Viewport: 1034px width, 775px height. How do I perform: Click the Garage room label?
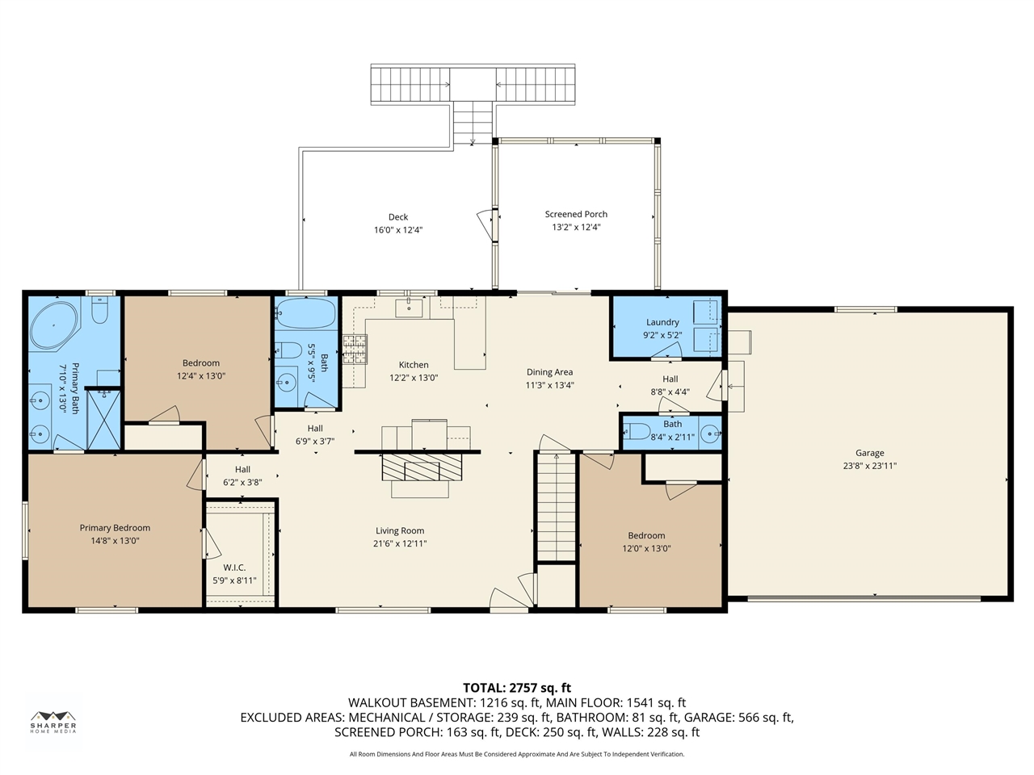[x=869, y=453]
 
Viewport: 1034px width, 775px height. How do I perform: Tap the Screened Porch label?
[x=576, y=214]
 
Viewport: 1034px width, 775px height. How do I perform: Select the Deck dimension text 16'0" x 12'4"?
[x=398, y=230]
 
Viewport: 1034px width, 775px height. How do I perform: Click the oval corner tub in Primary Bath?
[x=53, y=325]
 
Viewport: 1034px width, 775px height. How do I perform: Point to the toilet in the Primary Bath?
[x=99, y=309]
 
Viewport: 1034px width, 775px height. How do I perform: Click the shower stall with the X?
[x=103, y=419]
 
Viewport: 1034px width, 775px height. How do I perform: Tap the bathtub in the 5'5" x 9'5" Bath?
[x=306, y=313]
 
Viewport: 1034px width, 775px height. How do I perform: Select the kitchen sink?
[x=409, y=308]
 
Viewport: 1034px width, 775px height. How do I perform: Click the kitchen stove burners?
[x=355, y=349]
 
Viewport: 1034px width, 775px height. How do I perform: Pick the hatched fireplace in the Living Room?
[x=422, y=467]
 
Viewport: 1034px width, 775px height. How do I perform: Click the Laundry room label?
[x=662, y=322]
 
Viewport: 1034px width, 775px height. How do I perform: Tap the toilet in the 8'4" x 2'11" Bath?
[x=637, y=431]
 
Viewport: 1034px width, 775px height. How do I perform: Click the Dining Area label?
[x=550, y=372]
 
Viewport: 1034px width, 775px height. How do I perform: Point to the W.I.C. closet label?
[x=234, y=568]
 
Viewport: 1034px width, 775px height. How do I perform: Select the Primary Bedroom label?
[x=115, y=528]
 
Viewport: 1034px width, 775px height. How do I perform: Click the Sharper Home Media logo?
[x=53, y=722]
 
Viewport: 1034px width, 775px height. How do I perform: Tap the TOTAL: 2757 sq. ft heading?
[x=517, y=688]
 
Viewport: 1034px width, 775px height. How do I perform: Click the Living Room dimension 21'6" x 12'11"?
[x=400, y=543]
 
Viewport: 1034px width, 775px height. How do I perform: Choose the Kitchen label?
[x=414, y=365]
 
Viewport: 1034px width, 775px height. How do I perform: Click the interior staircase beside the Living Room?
[x=557, y=507]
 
